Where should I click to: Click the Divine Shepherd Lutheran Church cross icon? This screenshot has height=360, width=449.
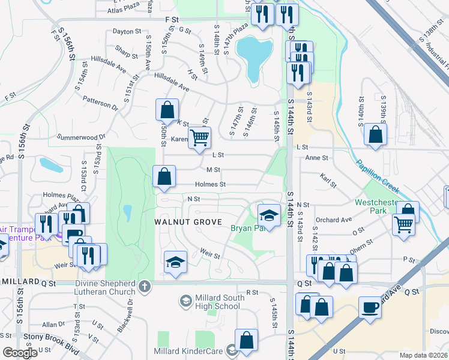point(144,287)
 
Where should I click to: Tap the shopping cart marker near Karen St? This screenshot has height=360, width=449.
point(199,137)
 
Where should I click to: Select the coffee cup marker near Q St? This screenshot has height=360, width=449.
point(370,307)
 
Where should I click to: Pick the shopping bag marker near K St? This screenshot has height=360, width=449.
point(167,110)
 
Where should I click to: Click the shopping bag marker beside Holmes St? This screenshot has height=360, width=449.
point(164,176)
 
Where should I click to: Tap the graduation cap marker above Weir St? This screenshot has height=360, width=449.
point(175,262)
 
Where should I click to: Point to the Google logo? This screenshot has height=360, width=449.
point(20,352)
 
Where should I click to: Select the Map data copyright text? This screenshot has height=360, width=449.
point(423,355)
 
